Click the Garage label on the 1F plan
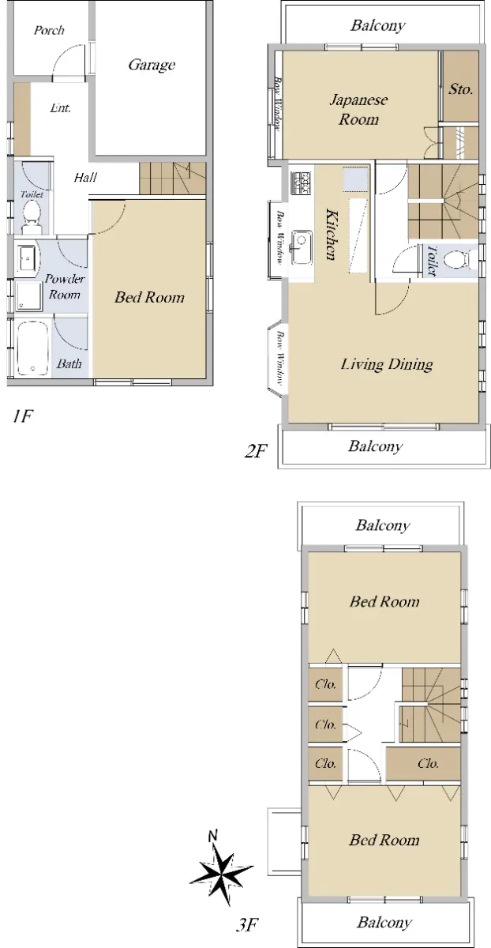pos(152,65)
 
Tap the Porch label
pos(49,31)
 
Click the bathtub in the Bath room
pos(32,348)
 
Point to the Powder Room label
pos(65,287)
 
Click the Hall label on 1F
pos(85,177)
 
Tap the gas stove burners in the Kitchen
pos(300,183)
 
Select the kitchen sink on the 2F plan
pos(301,247)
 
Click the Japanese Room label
pos(358,110)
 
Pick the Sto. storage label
pos(460,89)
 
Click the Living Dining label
pos(387,364)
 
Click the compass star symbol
pos(222,872)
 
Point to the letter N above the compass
pos(213,836)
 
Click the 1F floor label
pos(22,417)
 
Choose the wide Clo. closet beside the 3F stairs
pos(423,764)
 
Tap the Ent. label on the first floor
pos(60,108)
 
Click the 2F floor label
pos(256,451)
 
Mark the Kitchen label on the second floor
pos(332,234)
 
